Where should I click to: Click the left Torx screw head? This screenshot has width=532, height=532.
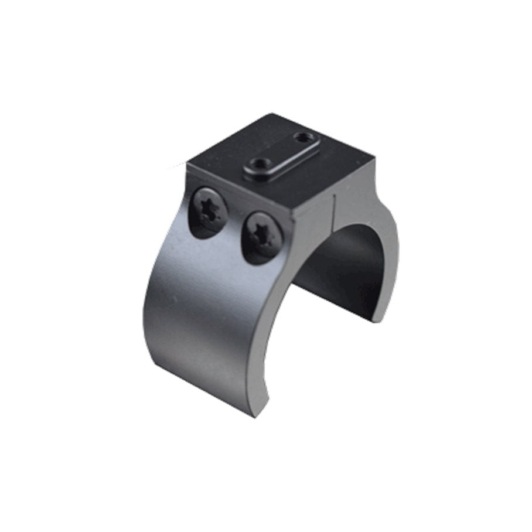click(x=209, y=212)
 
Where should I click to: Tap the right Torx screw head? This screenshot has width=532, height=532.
click(x=261, y=236)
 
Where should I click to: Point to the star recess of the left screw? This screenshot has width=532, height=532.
click(x=209, y=210)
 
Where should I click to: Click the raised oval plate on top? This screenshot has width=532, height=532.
click(x=282, y=155)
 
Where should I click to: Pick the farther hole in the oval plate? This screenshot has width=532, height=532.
click(x=303, y=139)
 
